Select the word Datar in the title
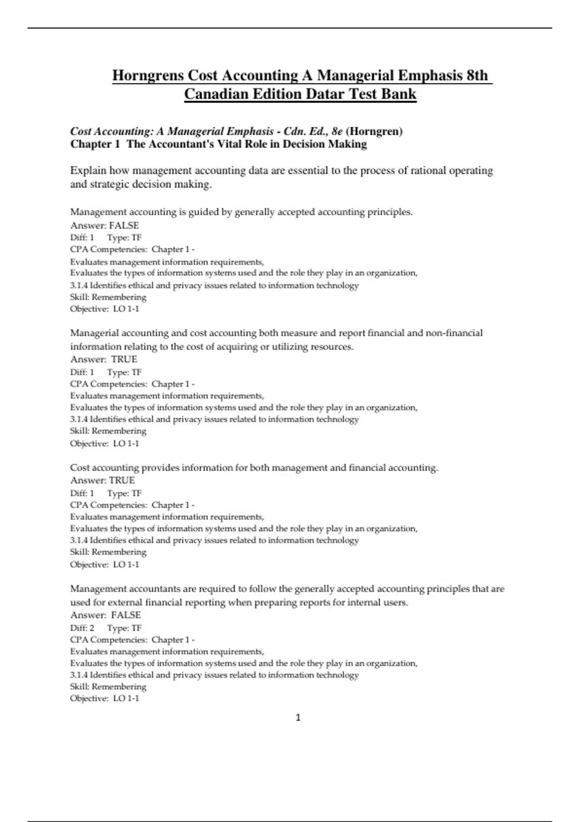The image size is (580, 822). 326,94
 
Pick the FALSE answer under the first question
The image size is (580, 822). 124,225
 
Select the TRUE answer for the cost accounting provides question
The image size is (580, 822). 122,480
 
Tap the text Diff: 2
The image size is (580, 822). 82,628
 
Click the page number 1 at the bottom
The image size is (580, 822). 298,718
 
